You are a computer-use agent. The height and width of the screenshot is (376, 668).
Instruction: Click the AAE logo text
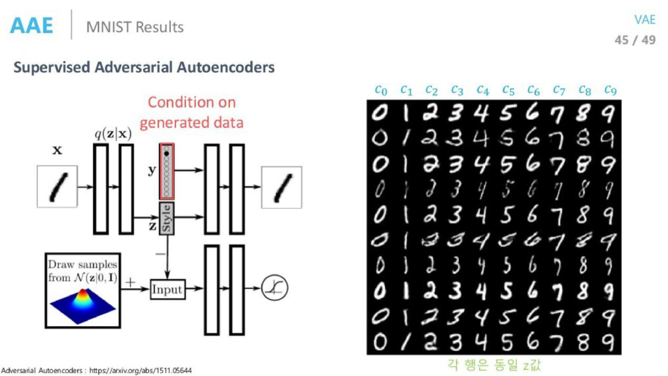(x=31, y=26)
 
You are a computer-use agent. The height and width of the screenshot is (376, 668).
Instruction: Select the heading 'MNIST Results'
(x=135, y=27)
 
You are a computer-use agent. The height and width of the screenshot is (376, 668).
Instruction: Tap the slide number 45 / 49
(x=635, y=40)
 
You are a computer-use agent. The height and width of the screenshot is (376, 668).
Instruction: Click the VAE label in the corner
(x=644, y=20)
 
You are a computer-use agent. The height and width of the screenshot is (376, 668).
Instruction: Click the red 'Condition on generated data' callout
(x=191, y=112)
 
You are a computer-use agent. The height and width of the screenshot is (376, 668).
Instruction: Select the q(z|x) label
(x=113, y=134)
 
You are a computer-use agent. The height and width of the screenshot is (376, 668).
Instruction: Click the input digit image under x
(x=57, y=187)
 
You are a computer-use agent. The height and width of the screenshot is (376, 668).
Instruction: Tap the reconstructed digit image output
(x=281, y=187)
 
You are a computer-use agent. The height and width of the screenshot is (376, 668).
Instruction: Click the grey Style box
(x=167, y=218)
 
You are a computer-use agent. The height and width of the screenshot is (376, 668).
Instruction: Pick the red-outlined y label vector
(x=167, y=171)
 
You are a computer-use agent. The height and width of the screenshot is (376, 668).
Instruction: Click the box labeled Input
(x=167, y=289)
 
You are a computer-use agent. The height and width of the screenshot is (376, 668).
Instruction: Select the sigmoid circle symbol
(x=274, y=288)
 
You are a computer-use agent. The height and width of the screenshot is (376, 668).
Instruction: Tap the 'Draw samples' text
(x=83, y=265)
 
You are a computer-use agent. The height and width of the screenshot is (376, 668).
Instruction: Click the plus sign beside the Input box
(x=130, y=282)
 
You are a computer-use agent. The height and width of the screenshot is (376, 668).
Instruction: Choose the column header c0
(x=381, y=90)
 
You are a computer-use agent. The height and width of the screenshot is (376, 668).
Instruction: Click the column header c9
(x=610, y=90)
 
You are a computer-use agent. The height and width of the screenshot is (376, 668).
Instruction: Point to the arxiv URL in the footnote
(x=140, y=371)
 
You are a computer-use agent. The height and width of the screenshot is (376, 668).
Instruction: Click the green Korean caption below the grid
(x=494, y=365)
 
